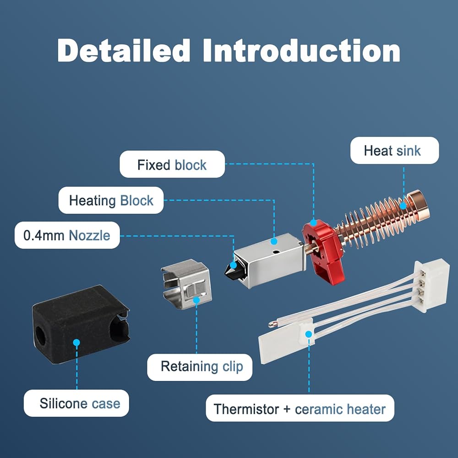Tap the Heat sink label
(394, 151)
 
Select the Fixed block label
(172, 165)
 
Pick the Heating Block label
(111, 200)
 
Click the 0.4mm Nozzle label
(67, 235)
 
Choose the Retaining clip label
(200, 367)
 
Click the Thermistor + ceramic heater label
(300, 408)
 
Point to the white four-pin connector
(425, 286)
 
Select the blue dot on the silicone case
(76, 342)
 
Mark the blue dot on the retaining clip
(196, 300)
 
